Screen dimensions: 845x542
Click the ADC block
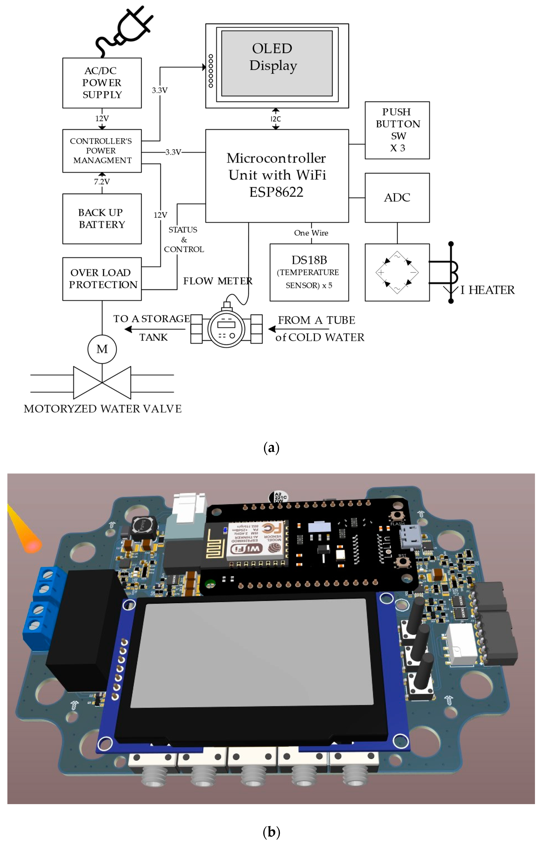397,198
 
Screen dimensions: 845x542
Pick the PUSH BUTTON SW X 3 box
397,130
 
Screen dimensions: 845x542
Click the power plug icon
125,30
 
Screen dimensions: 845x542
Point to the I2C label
276,119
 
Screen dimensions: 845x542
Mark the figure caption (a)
271,448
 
